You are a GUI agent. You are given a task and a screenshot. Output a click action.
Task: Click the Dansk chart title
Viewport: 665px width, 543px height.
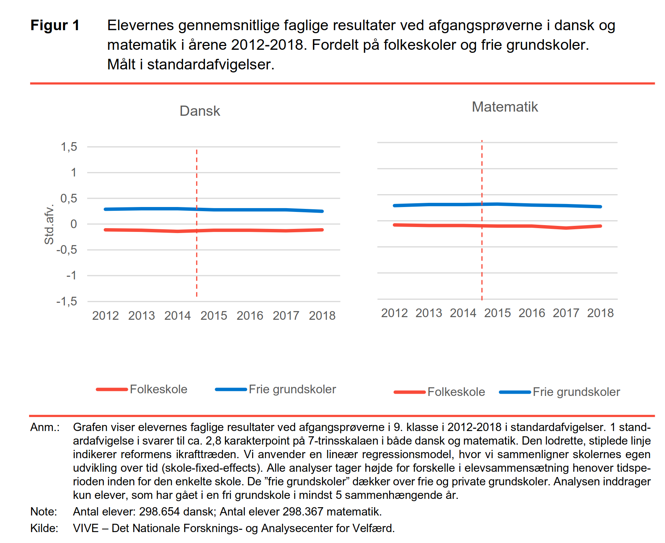tap(200, 111)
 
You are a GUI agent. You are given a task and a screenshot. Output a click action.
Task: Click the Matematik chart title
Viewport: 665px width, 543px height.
tap(505, 107)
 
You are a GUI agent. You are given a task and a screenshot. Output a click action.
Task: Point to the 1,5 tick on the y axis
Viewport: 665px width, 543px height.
tap(69, 147)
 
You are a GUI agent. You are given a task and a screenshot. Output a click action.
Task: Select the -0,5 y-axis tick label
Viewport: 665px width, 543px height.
tap(67, 250)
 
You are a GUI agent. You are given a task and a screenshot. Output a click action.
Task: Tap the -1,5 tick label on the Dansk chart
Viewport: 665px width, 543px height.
tap(67, 301)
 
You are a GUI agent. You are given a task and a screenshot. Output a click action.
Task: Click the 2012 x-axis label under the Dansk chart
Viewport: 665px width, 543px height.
tap(105, 315)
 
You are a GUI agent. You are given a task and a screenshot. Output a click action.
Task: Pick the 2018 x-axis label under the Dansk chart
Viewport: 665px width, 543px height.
tap(322, 315)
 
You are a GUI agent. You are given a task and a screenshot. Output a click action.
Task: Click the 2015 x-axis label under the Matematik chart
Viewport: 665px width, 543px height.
tap(497, 313)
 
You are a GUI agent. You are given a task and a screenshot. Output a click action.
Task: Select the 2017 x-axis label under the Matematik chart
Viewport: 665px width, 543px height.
tap(566, 313)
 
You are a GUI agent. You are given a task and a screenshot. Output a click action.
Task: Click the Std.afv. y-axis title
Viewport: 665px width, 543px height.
tap(49, 224)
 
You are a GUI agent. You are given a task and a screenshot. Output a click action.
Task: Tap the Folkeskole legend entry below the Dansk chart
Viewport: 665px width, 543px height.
tap(142, 389)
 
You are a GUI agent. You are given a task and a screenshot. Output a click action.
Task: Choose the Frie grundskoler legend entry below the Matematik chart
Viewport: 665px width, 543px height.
tap(560, 392)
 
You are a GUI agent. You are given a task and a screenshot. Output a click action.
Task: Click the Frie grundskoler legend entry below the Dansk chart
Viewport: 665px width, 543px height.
tap(276, 389)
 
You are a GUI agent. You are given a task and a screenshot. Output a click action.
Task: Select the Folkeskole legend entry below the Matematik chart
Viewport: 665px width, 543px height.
tap(439, 392)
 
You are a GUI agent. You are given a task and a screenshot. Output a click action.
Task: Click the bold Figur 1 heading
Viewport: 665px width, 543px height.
tap(55, 25)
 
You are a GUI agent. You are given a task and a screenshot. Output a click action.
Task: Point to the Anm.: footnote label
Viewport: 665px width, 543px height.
tap(45, 427)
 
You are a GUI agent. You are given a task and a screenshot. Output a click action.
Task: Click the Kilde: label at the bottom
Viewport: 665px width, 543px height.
tap(44, 528)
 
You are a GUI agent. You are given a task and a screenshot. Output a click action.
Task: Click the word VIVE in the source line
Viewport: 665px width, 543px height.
tap(86, 528)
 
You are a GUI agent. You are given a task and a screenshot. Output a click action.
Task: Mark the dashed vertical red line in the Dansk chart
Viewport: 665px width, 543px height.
tap(197, 223)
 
